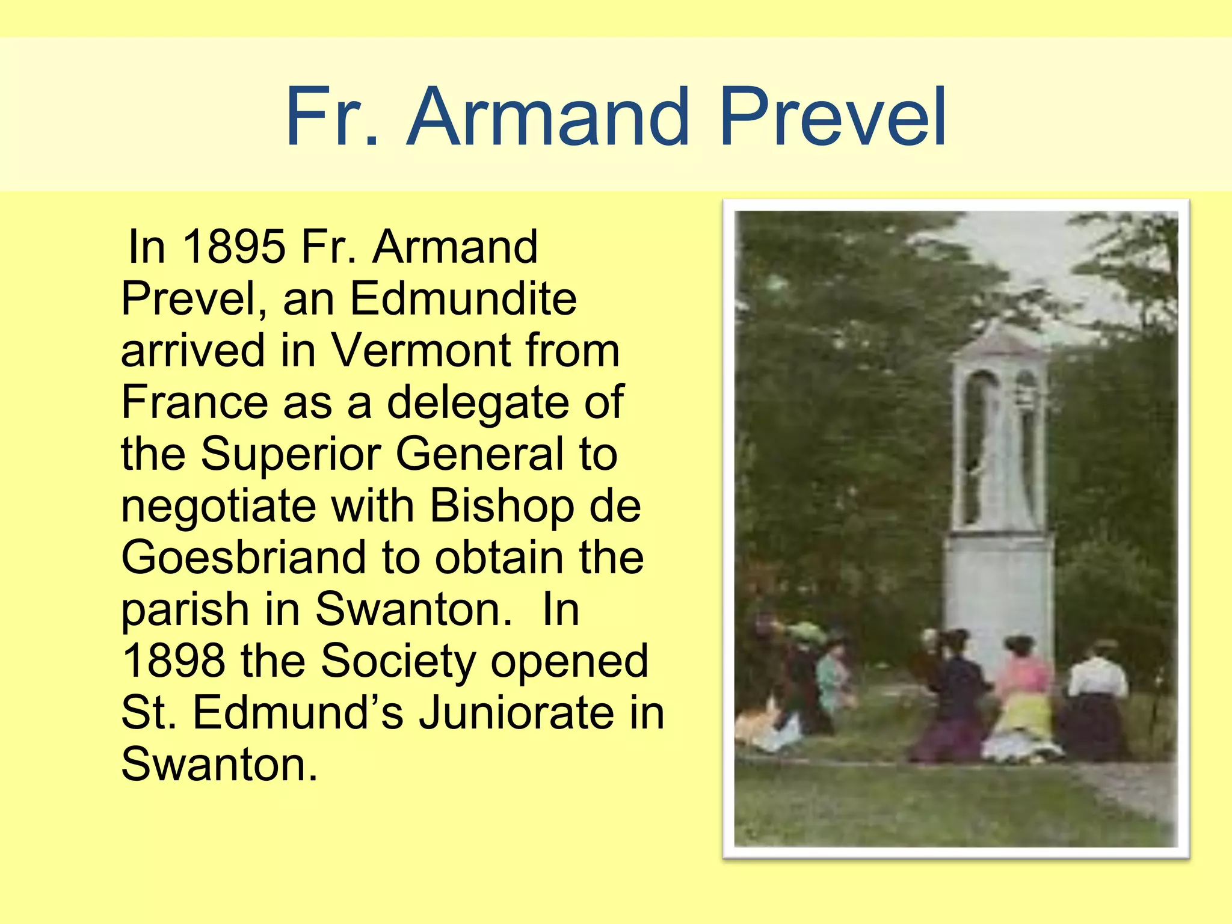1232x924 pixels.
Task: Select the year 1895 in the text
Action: pos(233,247)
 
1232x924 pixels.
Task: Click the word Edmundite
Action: pos(463,298)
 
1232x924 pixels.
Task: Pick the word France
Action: pos(194,402)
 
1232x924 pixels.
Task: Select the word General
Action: pos(480,454)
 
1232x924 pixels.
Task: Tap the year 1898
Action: pos(174,661)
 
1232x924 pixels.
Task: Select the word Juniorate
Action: pos(517,712)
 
